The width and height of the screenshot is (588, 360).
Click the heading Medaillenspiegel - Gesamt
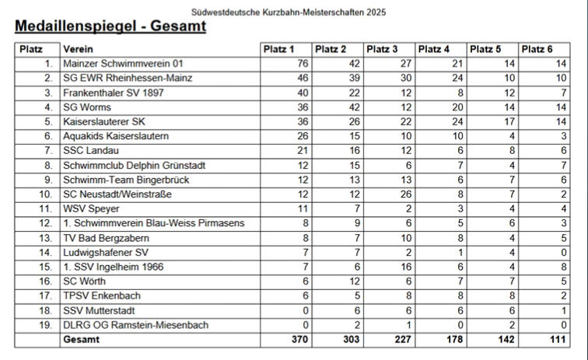click(x=110, y=27)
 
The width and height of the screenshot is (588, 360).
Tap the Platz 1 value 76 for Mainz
click(x=303, y=64)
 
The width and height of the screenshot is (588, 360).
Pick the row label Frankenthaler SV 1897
click(x=115, y=93)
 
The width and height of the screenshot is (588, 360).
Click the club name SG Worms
click(x=87, y=107)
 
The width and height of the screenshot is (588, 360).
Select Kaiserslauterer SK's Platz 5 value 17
click(x=509, y=122)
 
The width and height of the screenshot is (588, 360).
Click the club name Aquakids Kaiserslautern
click(x=116, y=136)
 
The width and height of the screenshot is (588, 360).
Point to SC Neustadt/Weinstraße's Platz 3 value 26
click(x=405, y=194)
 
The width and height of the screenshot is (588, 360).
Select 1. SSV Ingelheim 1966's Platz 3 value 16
click(x=405, y=267)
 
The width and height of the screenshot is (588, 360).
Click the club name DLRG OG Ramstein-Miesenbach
click(x=135, y=325)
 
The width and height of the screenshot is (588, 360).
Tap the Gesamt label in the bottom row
click(x=82, y=340)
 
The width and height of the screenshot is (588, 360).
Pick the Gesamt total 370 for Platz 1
click(x=299, y=340)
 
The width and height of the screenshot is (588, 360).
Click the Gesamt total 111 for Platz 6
click(x=557, y=340)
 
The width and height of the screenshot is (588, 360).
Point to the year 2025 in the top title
click(x=375, y=12)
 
